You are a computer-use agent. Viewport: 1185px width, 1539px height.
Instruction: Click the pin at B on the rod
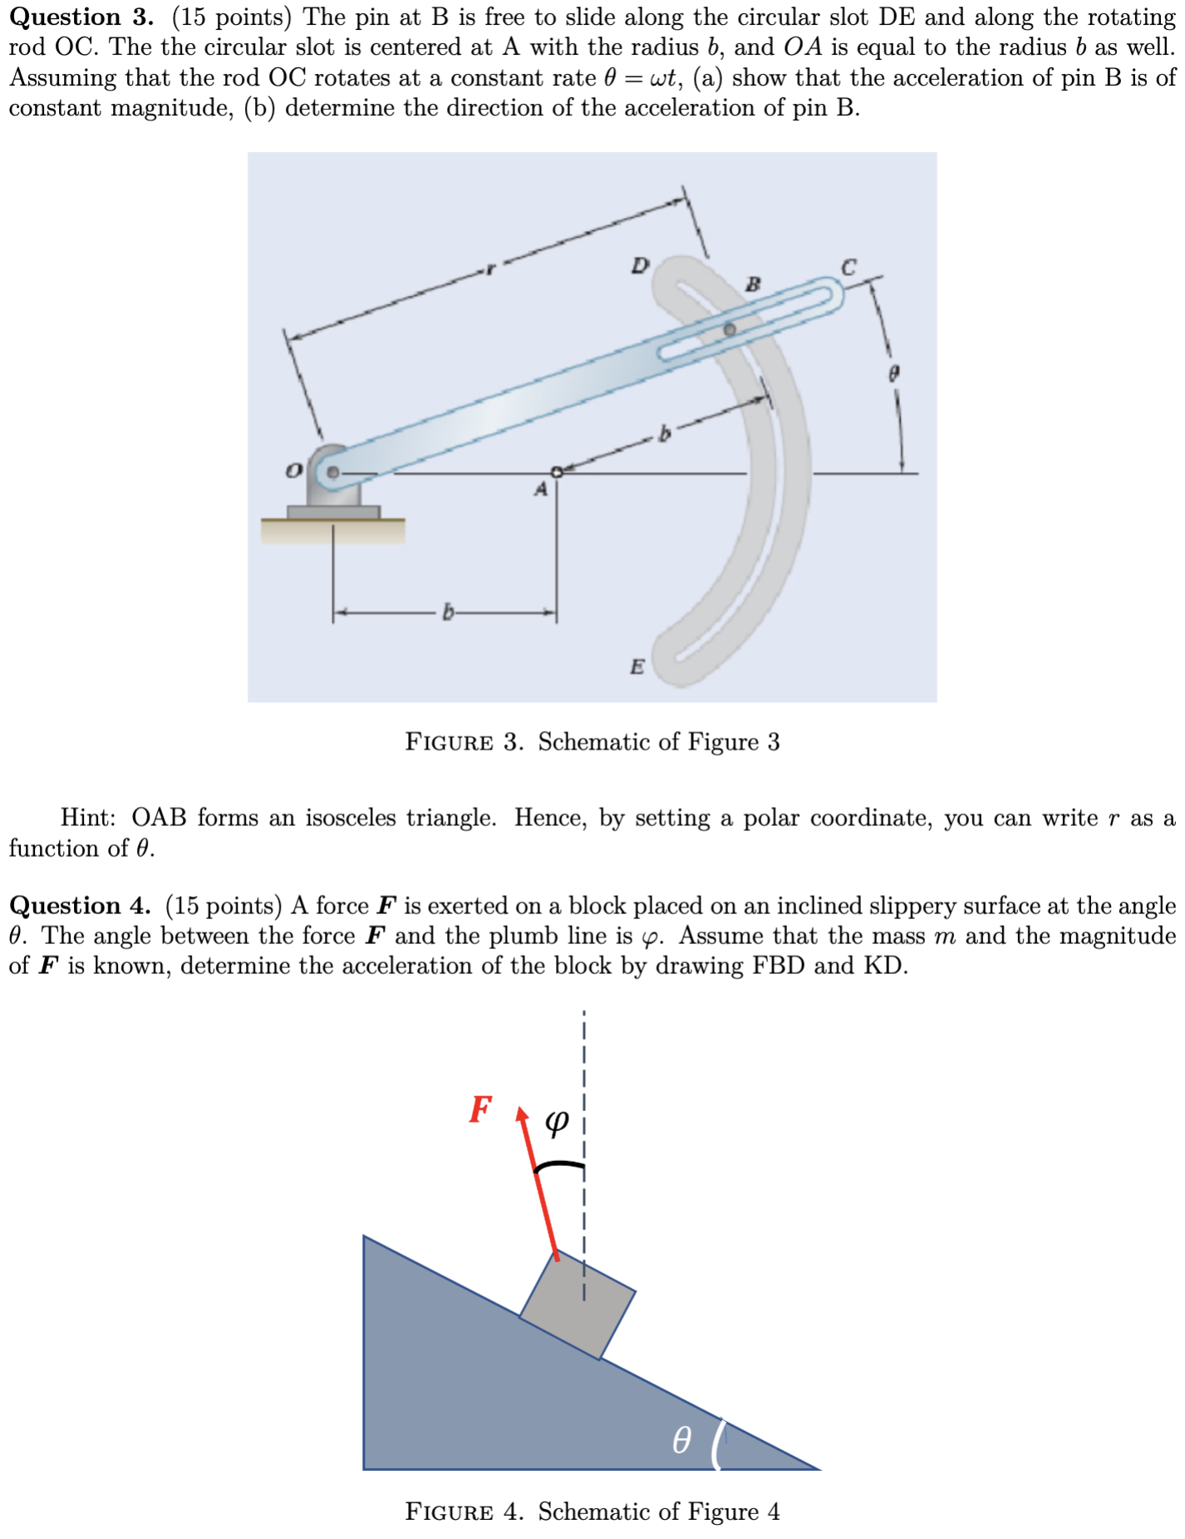[x=729, y=329]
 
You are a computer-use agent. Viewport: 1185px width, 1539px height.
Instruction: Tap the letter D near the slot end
[x=639, y=266]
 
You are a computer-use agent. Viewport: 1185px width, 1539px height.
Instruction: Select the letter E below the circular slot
[x=637, y=666]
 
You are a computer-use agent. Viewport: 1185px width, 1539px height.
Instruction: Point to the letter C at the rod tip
[x=848, y=268]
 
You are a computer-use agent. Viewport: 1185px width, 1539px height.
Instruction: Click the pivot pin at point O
[x=332, y=472]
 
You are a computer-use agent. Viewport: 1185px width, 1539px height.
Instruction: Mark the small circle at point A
[x=558, y=471]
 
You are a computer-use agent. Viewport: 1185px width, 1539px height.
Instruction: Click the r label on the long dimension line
[x=490, y=268]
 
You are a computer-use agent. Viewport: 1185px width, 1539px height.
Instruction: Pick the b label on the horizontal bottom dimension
[x=448, y=613]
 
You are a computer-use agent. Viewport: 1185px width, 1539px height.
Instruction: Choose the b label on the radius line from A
[x=663, y=433]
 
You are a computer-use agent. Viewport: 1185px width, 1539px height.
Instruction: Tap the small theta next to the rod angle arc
[x=893, y=373]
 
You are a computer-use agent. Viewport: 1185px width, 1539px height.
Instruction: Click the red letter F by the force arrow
[x=480, y=1109]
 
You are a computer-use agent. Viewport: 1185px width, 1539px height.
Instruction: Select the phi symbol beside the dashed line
[x=557, y=1123]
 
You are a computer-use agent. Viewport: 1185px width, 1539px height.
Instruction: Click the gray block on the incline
[x=577, y=1305]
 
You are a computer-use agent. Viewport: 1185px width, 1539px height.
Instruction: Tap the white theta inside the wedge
[x=681, y=1438]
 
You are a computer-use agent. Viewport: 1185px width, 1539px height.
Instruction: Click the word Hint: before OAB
[x=88, y=818]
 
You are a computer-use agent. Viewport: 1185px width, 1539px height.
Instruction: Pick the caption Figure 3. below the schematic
[x=464, y=742]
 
